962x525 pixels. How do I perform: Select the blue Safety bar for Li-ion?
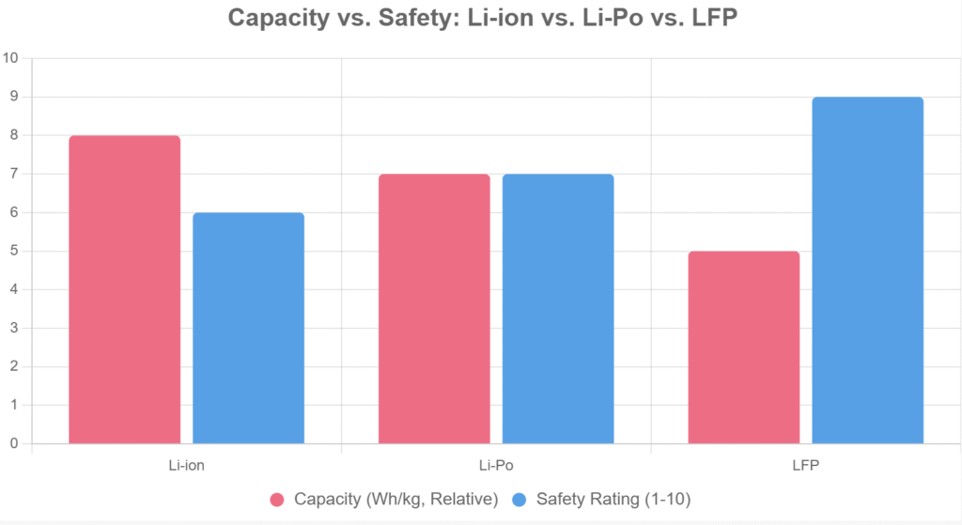tap(248, 328)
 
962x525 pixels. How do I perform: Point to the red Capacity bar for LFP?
tap(743, 347)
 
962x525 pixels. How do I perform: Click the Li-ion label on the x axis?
tap(186, 465)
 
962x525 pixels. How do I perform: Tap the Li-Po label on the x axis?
tap(496, 465)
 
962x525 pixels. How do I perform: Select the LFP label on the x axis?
tap(805, 465)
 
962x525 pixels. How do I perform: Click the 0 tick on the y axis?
tap(13, 443)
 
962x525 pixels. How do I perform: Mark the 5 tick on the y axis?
tap(13, 251)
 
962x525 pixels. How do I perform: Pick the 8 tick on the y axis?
tap(13, 135)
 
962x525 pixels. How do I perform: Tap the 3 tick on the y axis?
tap(13, 328)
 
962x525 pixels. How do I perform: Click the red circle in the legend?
tap(277, 499)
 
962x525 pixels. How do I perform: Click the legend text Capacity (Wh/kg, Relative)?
tap(396, 499)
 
